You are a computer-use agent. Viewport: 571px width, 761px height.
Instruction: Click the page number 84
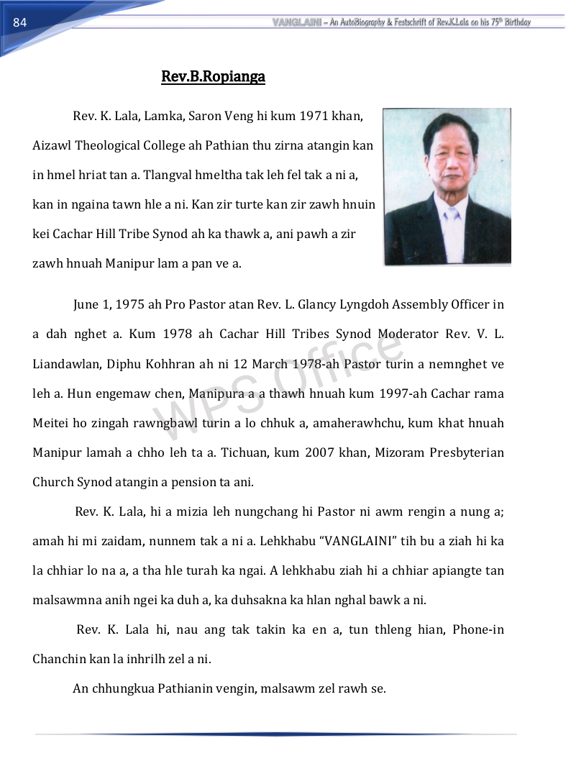click(19, 22)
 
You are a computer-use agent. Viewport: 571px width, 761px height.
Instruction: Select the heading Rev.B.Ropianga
click(213, 76)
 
